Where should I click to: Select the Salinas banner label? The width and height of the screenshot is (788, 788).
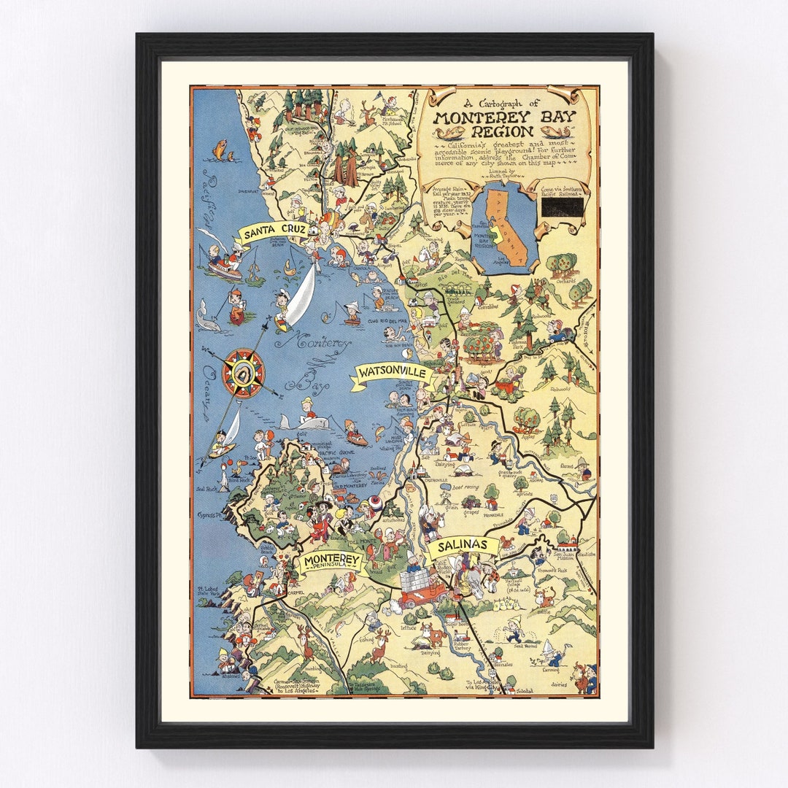click(x=463, y=546)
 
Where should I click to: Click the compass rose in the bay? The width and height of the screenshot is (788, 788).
click(x=243, y=373)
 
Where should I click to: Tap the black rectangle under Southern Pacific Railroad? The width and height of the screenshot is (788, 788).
click(x=562, y=208)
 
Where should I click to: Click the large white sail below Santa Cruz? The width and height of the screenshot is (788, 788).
click(x=301, y=297)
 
